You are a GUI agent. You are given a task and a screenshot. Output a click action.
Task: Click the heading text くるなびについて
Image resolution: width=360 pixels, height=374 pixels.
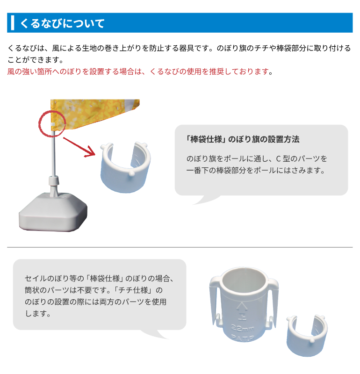click(x=62, y=23)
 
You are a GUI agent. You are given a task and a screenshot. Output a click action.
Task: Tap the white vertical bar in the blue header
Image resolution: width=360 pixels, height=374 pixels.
click(x=13, y=23)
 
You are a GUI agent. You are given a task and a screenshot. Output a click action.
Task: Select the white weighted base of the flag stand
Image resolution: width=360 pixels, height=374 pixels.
click(x=53, y=212)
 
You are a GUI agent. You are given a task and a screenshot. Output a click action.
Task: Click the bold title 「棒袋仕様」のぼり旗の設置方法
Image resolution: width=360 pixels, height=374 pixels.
click(x=243, y=139)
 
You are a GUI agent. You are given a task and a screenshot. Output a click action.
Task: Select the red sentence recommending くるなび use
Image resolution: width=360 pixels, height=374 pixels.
click(x=140, y=72)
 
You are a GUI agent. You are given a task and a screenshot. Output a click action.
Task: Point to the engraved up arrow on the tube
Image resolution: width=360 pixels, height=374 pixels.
click(x=242, y=307)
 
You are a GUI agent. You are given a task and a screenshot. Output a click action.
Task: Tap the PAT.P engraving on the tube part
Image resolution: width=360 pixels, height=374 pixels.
click(x=242, y=338)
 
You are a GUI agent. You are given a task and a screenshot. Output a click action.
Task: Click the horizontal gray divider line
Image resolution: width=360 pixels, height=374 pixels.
click(x=180, y=247)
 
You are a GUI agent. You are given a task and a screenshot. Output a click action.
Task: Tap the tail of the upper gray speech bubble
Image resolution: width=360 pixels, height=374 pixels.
click(x=206, y=200)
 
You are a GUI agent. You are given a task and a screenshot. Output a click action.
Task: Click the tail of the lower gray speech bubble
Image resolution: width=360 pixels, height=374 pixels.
click(x=155, y=334)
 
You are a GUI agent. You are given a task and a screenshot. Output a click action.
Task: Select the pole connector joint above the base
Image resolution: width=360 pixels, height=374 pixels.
click(x=54, y=180)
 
